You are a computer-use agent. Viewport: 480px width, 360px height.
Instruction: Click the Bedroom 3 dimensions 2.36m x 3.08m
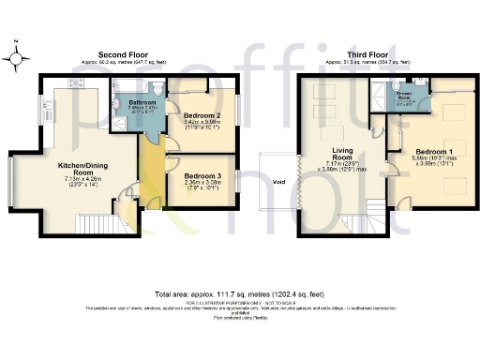point(202,185)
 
